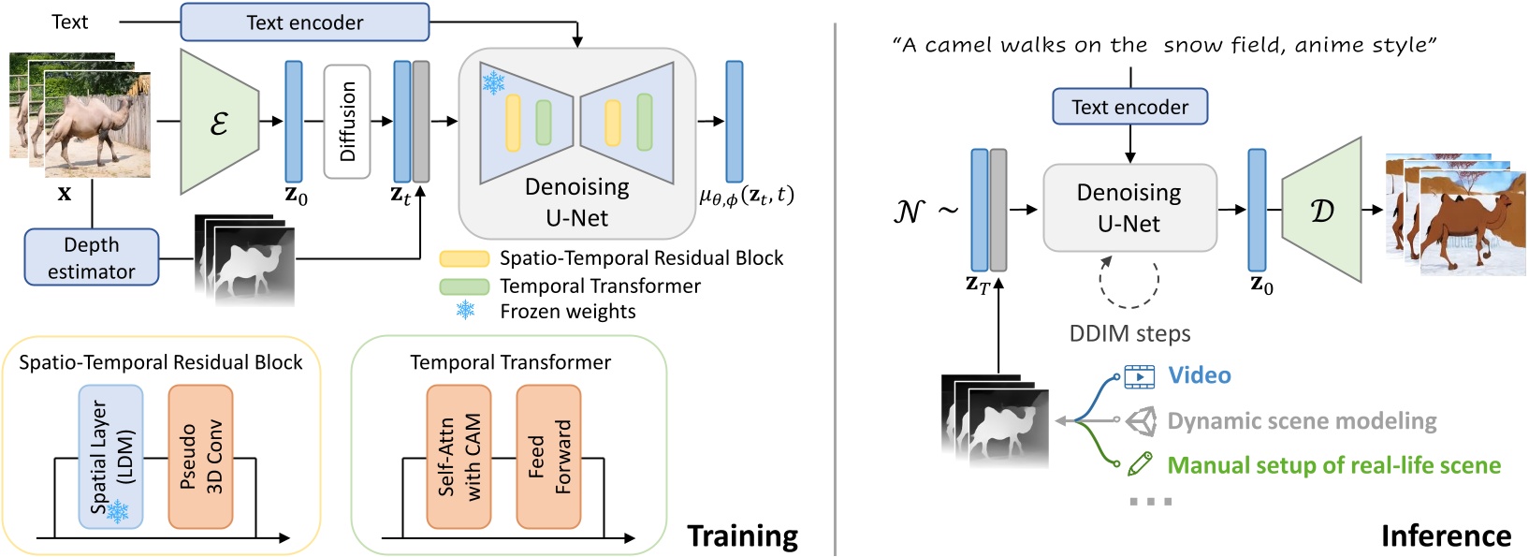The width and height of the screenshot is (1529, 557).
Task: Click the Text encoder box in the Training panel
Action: coord(304,22)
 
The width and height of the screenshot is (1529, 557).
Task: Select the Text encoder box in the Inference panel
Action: coord(1129,107)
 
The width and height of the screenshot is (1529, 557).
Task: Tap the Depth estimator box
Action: coord(92,257)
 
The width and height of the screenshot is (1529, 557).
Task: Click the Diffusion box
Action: coord(347,122)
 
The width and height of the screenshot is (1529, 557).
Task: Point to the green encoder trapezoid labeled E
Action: coord(220,122)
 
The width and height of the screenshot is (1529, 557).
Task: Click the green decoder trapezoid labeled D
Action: coord(1320,211)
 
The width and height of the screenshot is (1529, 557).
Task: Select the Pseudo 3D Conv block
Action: coord(200,456)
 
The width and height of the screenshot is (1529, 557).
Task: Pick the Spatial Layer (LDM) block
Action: coord(111,456)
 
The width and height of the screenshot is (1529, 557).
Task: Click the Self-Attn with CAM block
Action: coord(459,456)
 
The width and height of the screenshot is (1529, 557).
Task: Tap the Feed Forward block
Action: coord(548,456)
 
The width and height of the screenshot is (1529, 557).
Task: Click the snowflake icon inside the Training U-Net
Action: coord(493,82)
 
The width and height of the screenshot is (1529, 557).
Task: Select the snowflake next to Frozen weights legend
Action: coord(465,311)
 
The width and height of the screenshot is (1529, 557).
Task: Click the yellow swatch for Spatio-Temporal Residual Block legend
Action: coord(464,258)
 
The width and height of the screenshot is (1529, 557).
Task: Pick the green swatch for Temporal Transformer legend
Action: coord(464,286)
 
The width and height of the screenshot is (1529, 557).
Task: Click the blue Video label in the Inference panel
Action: coord(1199,375)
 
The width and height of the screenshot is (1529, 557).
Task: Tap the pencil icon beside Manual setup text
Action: coord(1139,463)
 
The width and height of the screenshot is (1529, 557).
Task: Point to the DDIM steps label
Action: coord(1129,334)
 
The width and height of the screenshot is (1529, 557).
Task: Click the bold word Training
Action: coord(742,535)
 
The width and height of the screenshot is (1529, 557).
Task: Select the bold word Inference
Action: coord(1446,535)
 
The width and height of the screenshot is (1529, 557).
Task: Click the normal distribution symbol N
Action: coord(909,212)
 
